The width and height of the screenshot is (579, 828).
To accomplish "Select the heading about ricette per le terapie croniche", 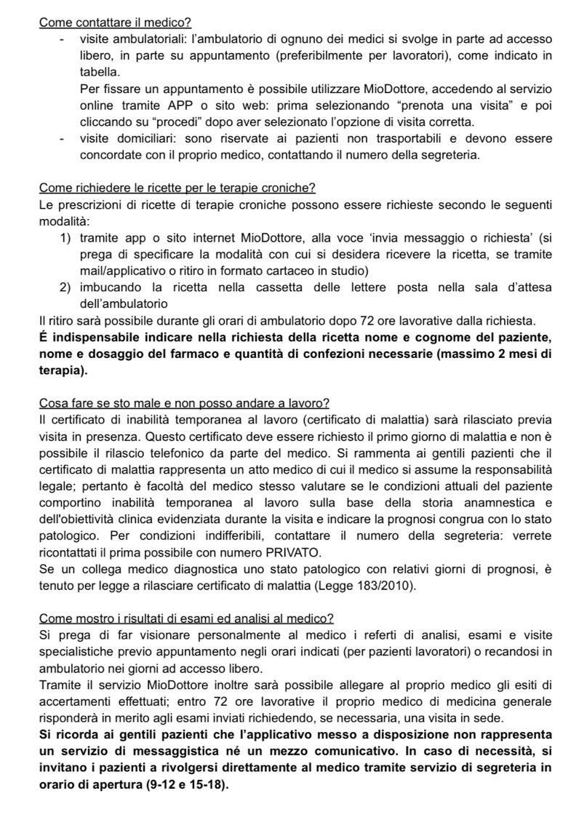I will click(177, 188).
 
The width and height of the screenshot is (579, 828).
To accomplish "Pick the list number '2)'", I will click(65, 287).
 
